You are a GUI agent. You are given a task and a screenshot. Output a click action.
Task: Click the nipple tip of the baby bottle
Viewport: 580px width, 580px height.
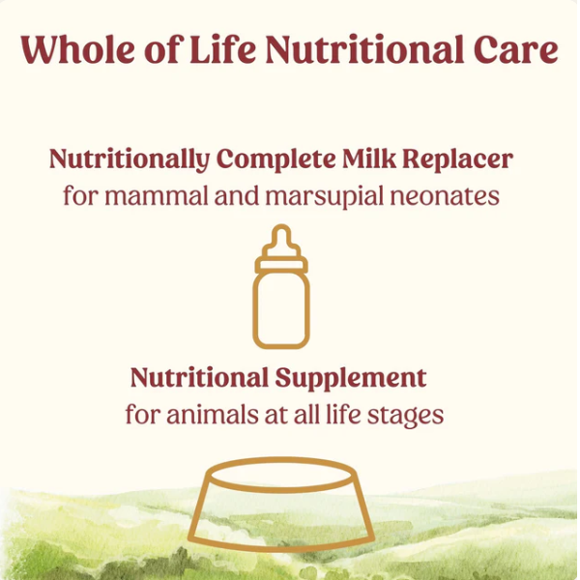pyautogui.click(x=281, y=233)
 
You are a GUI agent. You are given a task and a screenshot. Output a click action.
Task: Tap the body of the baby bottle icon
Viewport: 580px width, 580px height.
pyautogui.click(x=281, y=308)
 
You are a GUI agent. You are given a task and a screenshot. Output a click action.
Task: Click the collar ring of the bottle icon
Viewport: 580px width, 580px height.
pyautogui.click(x=281, y=262)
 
